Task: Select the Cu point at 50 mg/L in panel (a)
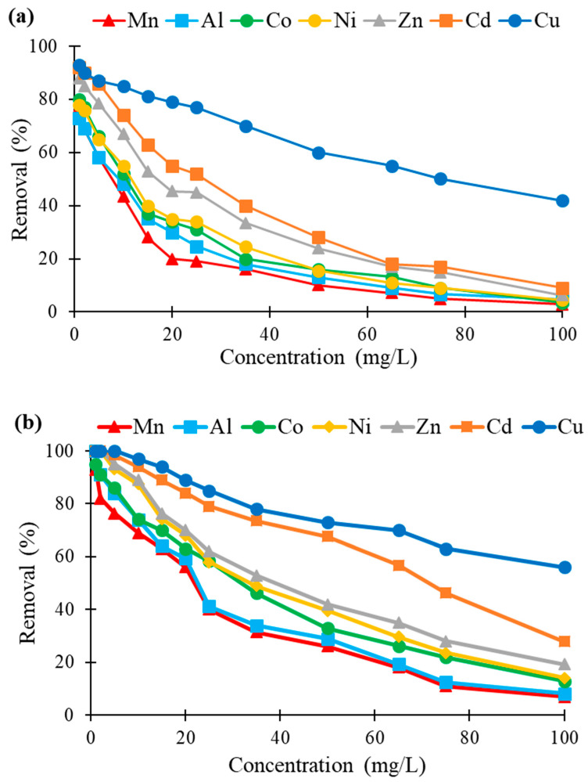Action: (x=318, y=153)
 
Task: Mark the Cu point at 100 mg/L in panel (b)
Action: (x=564, y=567)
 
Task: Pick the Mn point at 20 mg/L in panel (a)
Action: (x=172, y=259)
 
